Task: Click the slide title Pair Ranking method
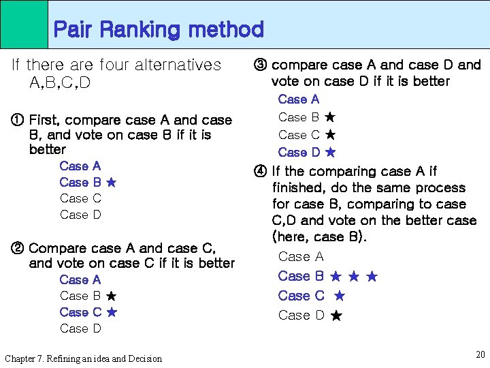[158, 29]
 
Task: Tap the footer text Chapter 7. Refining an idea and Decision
[83, 358]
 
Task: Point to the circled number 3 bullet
[259, 65]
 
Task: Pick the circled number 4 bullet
[259, 172]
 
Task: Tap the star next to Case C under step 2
[112, 312]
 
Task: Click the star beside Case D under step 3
[330, 153]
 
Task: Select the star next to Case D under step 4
[336, 316]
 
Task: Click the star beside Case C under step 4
[340, 296]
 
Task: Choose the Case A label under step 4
[301, 257]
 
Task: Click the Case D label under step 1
[80, 215]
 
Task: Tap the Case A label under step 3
[298, 99]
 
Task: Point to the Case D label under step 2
[80, 328]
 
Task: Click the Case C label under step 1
[80, 198]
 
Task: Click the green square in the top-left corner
[24, 24]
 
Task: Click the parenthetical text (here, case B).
[319, 237]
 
